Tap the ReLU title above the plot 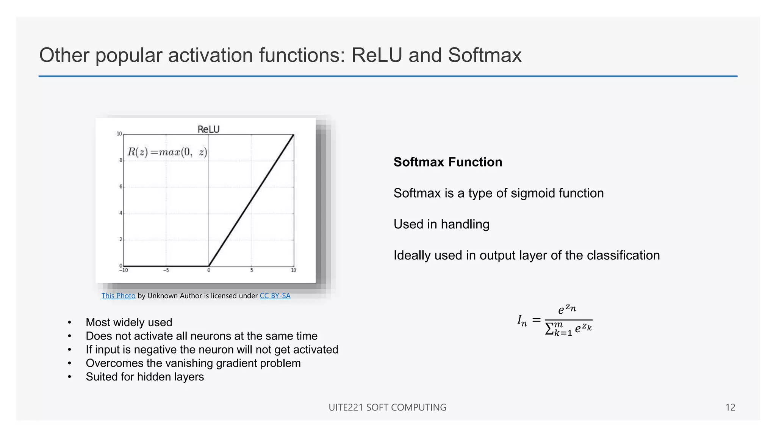208,129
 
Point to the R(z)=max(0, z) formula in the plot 167,152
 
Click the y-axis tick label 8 121,160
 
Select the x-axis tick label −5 166,270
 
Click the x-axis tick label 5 252,270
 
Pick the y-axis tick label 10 119,134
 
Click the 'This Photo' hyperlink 118,296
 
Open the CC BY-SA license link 275,296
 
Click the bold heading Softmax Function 448,162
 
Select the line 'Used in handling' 441,224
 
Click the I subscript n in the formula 522,321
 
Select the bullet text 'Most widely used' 129,322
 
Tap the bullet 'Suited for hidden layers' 145,377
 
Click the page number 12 730,407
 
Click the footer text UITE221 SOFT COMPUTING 387,407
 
